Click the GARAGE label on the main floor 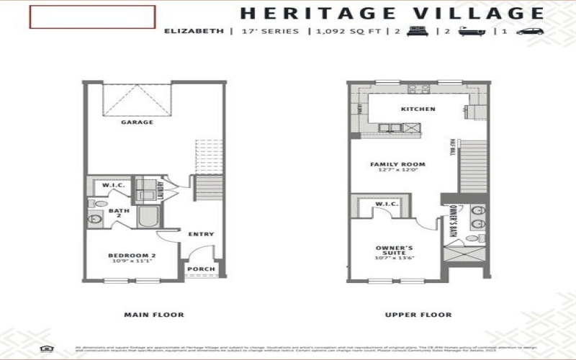point(137,122)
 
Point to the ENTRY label point(201,234)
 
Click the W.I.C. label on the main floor point(114,185)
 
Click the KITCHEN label point(418,109)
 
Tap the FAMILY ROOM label point(397,165)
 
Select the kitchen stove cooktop point(418,90)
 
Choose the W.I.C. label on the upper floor point(387,204)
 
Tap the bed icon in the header point(415,32)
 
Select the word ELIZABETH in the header point(192,32)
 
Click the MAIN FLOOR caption point(153,315)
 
